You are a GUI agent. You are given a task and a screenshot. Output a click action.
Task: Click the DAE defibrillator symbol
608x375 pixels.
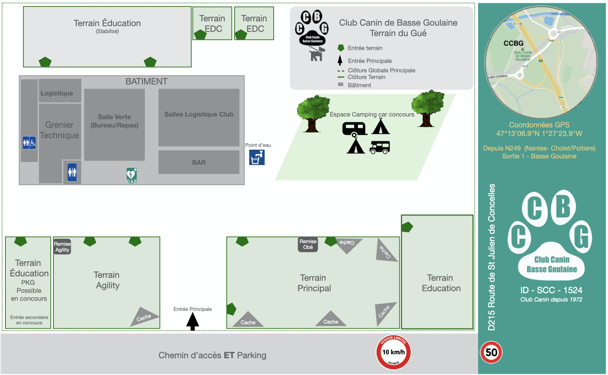pyautogui.click(x=132, y=176)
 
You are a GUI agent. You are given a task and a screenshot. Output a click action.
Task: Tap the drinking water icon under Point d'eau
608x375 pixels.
pyautogui.click(x=257, y=157)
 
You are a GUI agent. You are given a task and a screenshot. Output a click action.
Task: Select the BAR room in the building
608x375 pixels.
pyautogui.click(x=199, y=162)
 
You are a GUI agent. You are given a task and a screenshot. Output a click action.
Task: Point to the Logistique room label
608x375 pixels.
pyautogui.click(x=57, y=93)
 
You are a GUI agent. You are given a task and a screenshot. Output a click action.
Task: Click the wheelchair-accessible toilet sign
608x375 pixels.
pyautogui.click(x=29, y=143)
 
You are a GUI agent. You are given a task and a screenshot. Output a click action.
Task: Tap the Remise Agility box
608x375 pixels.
pyautogui.click(x=62, y=247)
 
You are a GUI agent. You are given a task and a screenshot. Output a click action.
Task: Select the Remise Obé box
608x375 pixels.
pyautogui.click(x=308, y=244)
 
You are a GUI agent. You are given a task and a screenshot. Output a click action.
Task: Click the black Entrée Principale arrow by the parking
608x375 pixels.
pyautogui.click(x=193, y=321)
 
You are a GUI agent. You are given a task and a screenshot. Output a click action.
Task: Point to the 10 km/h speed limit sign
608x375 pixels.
pyautogui.click(x=394, y=352)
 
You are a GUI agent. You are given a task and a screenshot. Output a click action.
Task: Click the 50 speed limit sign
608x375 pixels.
pyautogui.click(x=491, y=352)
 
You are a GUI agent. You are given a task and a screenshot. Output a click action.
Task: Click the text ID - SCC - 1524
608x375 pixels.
pyautogui.click(x=551, y=290)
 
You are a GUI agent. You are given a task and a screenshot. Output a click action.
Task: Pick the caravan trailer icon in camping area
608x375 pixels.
pyautogui.click(x=355, y=129)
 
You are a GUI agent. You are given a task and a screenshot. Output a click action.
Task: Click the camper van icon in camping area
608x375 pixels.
pyautogui.click(x=380, y=147)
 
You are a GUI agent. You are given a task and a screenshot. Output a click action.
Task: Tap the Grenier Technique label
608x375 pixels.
pyautogui.click(x=60, y=130)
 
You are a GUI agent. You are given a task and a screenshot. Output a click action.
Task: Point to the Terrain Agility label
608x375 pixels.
pyautogui.click(x=107, y=280)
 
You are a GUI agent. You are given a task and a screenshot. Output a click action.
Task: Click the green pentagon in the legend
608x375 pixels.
pyautogui.click(x=340, y=48)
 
